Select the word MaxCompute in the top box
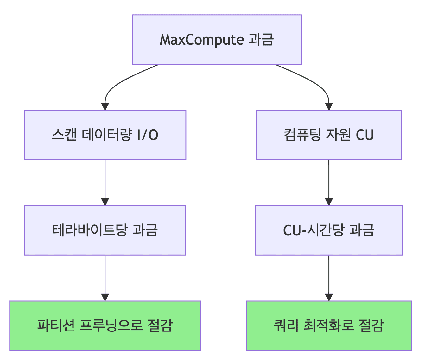[x=202, y=40]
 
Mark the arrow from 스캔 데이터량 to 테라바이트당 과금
[x=105, y=182]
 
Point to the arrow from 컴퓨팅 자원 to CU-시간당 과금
[x=329, y=182]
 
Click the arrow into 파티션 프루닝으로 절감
[x=105, y=277]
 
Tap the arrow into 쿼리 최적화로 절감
[x=329, y=277]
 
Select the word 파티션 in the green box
[x=56, y=325]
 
